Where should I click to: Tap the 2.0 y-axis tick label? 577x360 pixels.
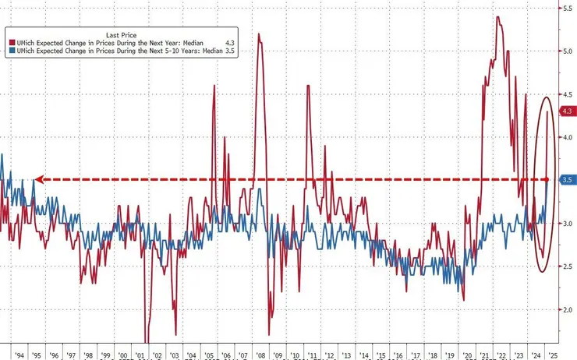click(568, 309)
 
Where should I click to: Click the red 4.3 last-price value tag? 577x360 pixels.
click(568, 111)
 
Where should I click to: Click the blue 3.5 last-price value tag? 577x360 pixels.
click(568, 180)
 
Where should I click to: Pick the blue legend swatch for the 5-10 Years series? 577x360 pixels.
click(10, 50)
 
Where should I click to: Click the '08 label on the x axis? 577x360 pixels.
click(260, 352)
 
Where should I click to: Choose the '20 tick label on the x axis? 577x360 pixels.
click(466, 352)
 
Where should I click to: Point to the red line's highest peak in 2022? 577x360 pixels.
click(497, 17)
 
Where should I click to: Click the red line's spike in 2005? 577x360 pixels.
click(213, 85)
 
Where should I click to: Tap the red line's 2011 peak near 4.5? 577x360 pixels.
click(308, 85)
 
